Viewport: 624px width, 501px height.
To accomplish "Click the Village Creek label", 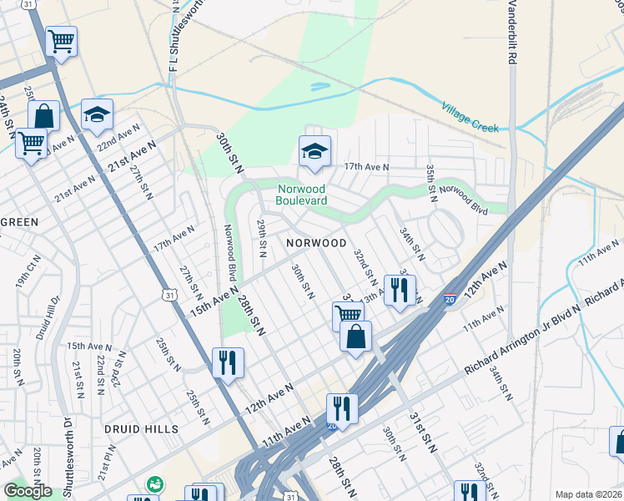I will (x=470, y=118).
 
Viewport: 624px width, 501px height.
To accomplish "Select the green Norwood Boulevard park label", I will (x=302, y=194).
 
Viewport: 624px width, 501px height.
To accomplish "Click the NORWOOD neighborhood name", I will (x=315, y=243).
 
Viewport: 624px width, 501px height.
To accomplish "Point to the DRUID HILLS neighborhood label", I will (x=142, y=428).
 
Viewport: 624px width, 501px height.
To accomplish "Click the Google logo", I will (x=27, y=491).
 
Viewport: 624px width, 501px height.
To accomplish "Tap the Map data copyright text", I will (x=588, y=494).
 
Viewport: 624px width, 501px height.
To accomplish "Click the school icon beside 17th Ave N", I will (x=315, y=151).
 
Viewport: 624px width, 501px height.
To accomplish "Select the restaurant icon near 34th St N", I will (x=400, y=290).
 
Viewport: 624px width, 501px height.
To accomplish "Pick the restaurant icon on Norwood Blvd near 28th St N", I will (x=228, y=362).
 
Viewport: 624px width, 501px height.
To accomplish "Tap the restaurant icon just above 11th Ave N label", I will (x=341, y=408).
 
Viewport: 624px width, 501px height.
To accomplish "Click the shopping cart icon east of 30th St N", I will (x=348, y=315).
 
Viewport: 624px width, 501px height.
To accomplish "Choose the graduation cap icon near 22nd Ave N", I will (x=97, y=114).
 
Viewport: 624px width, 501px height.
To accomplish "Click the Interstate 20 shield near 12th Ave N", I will (x=450, y=299).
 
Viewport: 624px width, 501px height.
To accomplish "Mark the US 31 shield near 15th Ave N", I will (x=170, y=296).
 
